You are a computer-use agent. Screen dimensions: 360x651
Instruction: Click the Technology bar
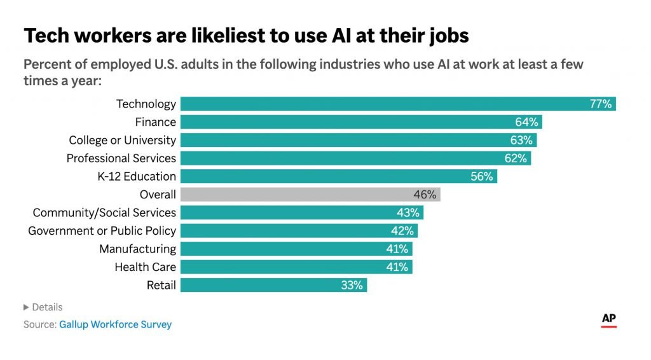(398, 104)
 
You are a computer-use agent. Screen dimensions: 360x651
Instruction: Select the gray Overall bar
(310, 194)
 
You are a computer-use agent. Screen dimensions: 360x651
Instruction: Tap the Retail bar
(273, 285)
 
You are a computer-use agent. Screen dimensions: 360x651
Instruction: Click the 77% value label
(600, 104)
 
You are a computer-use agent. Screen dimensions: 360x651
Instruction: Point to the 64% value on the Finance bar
(526, 122)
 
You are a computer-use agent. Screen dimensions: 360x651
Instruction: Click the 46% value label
(425, 194)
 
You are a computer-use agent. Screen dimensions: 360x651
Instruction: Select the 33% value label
(352, 285)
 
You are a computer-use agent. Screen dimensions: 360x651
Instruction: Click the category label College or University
(122, 140)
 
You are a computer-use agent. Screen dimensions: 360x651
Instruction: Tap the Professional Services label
(121, 158)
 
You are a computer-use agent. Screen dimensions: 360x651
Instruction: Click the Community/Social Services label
(104, 212)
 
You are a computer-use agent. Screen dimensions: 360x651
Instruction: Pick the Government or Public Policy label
(102, 231)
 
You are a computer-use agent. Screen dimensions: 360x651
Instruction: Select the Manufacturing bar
(296, 249)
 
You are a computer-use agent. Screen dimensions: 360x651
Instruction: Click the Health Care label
(145, 267)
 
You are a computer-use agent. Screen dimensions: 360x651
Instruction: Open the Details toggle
(43, 307)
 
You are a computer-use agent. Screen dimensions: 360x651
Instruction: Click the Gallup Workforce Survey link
(115, 324)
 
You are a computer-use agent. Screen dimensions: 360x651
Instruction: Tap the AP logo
(608, 320)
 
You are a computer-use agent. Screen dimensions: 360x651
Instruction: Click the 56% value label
(481, 176)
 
